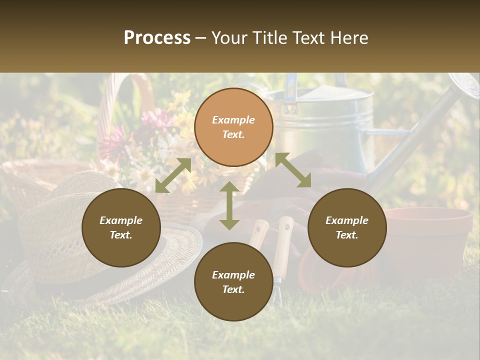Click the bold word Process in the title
tap(157, 38)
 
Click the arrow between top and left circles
tap(173, 175)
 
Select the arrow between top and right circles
tap(293, 170)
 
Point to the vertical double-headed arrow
tap(229, 205)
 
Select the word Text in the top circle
tap(233, 134)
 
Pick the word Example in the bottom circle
tap(233, 274)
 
